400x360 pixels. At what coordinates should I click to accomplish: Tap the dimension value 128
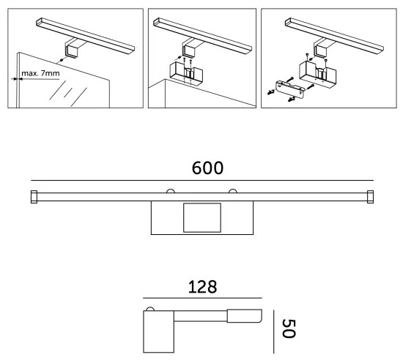point(201,286)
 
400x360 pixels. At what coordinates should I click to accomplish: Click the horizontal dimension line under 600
point(201,180)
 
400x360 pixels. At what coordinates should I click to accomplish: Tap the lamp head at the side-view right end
point(244,317)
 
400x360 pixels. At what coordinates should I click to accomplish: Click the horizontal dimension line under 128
point(201,299)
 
